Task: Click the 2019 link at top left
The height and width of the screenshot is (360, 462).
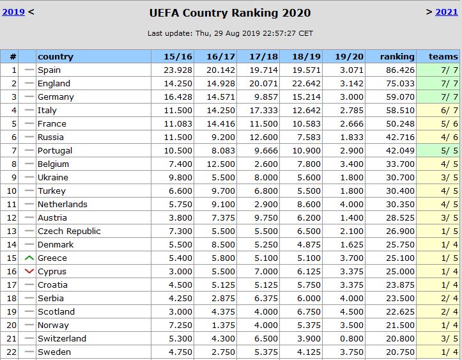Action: [x=13, y=12]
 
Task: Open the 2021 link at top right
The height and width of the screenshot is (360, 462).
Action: [x=446, y=12]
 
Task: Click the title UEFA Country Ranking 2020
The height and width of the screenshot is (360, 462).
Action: [x=230, y=13]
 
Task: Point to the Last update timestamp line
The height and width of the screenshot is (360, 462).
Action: [x=230, y=33]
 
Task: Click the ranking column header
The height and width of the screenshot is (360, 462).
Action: [x=397, y=56]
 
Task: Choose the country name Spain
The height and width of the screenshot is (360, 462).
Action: [x=49, y=70]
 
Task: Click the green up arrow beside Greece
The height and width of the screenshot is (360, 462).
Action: [x=28, y=258]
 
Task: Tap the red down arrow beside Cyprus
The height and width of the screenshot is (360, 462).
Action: [x=28, y=271]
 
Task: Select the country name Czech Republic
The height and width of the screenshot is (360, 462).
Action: [x=69, y=231]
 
